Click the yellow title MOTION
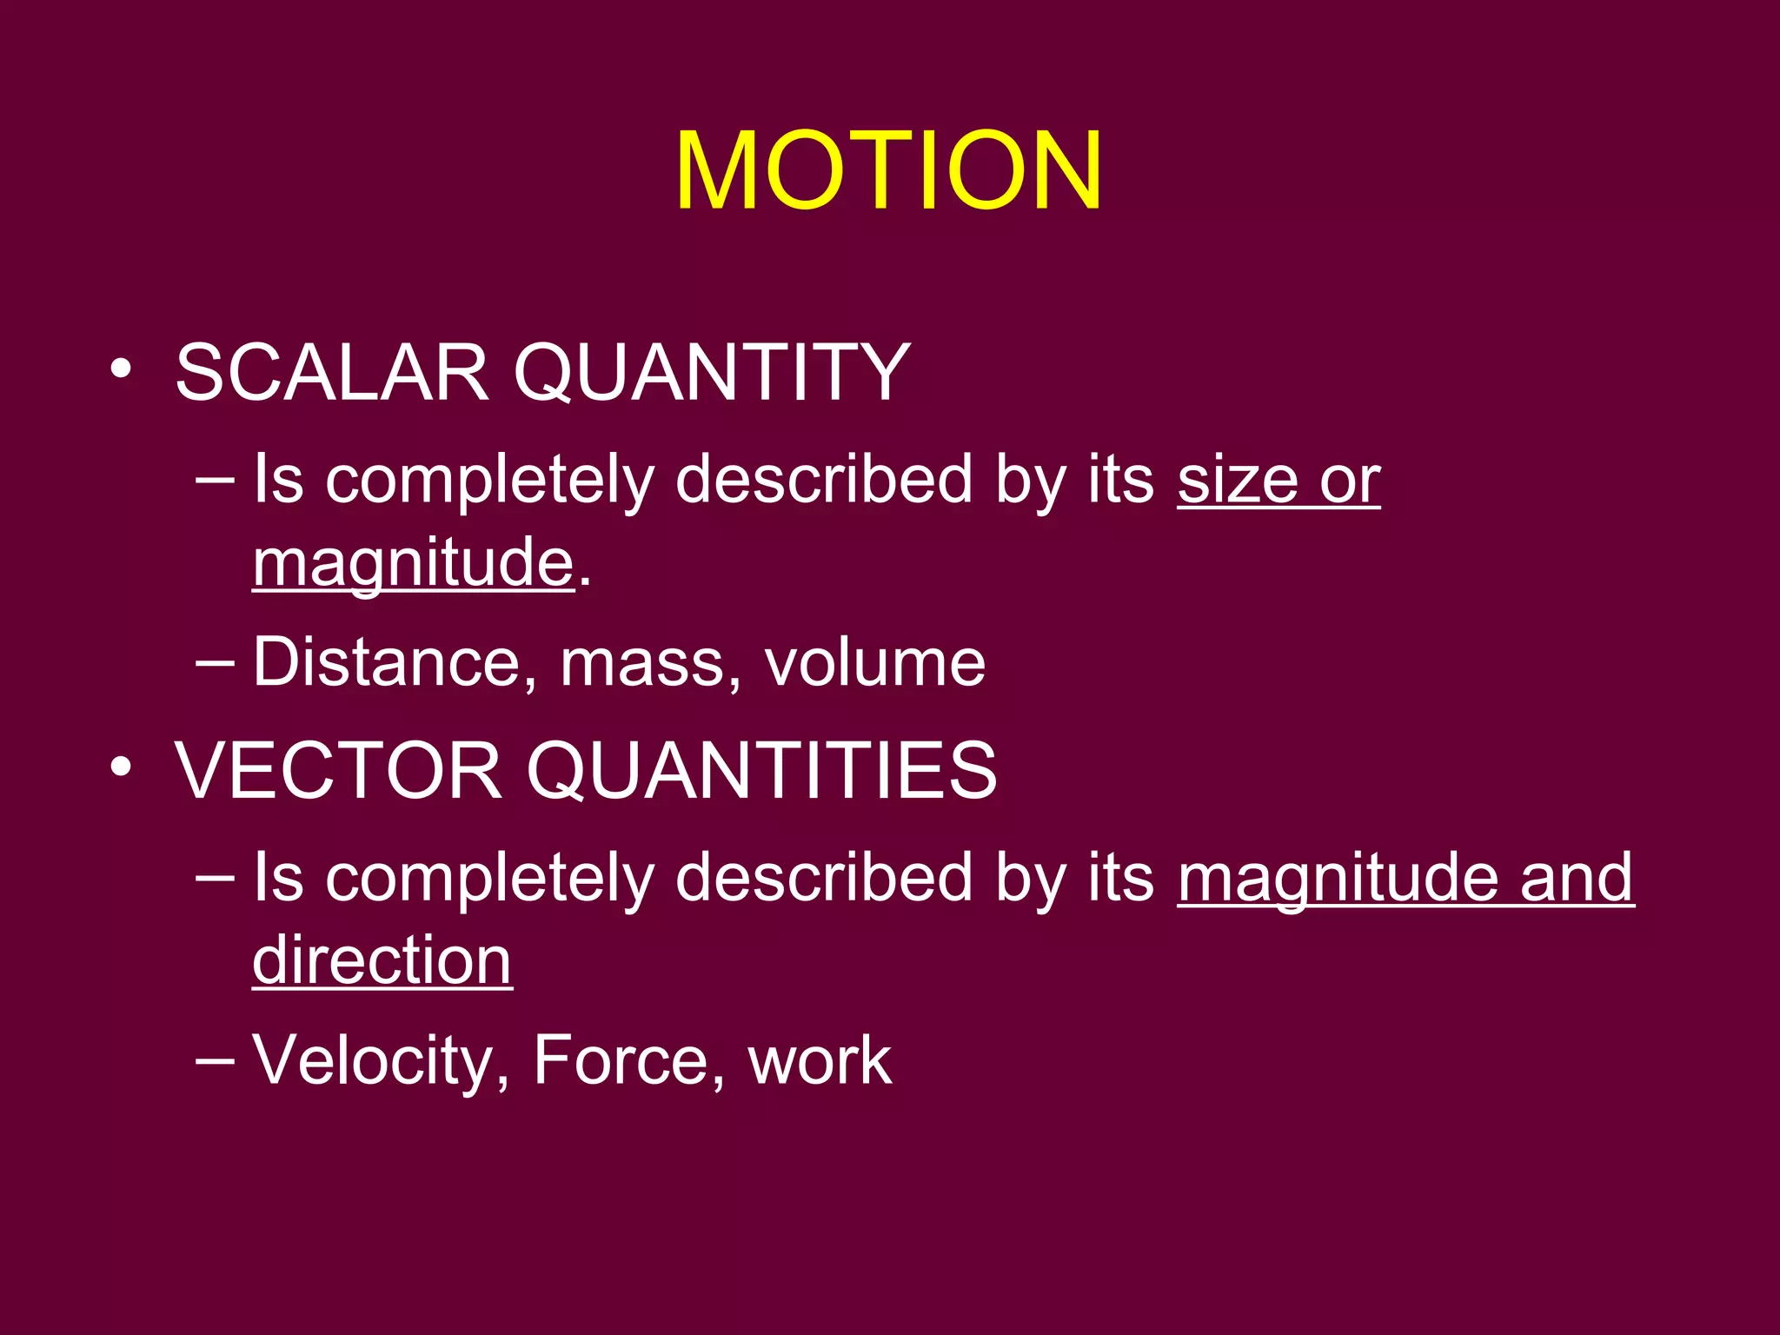[888, 170]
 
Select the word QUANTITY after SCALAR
[711, 374]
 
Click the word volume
[874, 662]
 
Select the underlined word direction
[382, 961]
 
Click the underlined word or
[1349, 482]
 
